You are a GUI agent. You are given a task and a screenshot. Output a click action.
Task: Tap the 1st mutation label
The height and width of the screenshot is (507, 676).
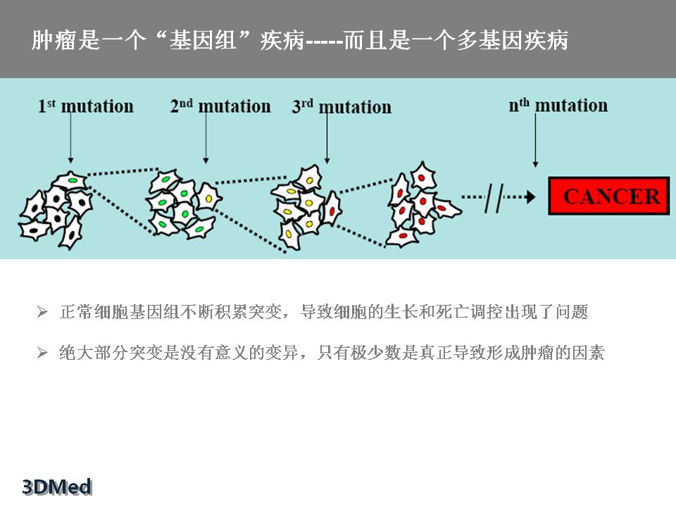85,106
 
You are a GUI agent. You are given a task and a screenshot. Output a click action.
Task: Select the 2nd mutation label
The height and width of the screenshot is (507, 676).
220,106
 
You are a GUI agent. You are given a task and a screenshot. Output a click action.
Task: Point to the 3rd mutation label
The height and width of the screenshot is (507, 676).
342,107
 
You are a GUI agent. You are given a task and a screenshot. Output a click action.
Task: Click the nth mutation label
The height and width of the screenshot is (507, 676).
558,106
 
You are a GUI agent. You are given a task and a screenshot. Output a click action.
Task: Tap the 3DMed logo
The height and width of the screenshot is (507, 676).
57,486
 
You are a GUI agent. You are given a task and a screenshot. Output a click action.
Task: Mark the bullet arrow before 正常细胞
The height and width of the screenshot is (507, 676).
42,312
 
